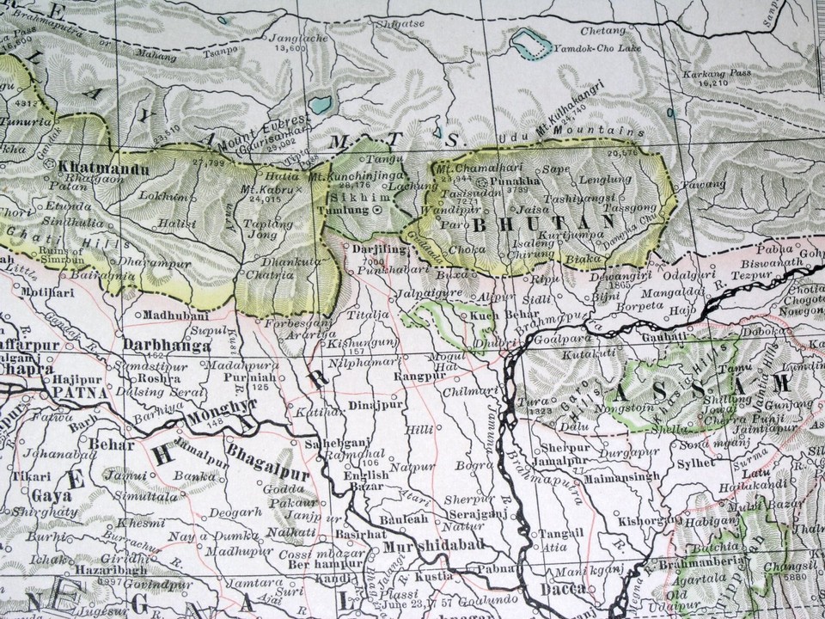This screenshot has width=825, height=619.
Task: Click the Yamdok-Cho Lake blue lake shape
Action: [x=530, y=41]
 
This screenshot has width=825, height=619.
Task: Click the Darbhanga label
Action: [x=156, y=346]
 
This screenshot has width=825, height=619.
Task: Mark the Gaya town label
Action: [x=52, y=495]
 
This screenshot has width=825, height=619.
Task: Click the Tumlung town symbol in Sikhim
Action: [x=378, y=210]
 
